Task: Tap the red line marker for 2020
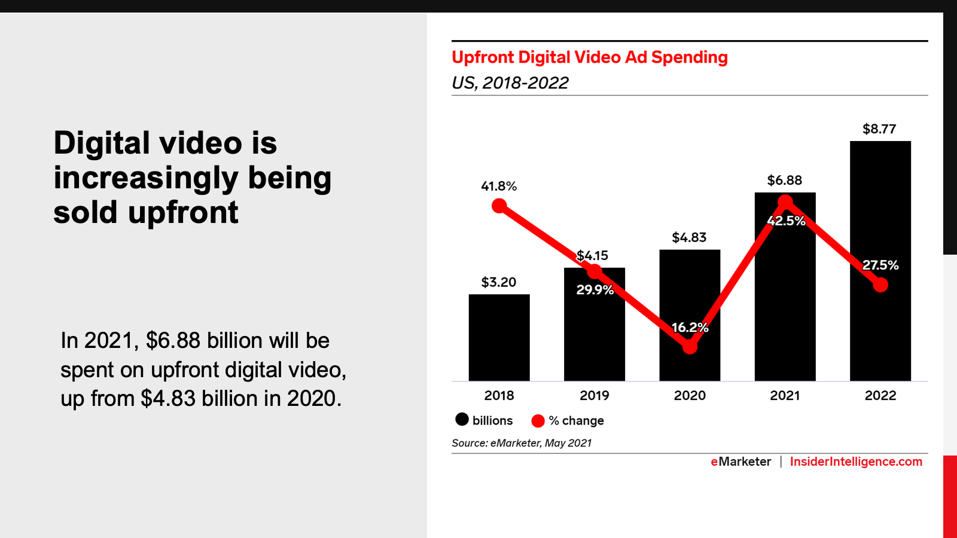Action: pos(690,347)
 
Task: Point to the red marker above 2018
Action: pos(499,206)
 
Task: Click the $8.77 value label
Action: pos(879,129)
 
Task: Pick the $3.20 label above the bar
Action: pos(499,282)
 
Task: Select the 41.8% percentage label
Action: pos(499,187)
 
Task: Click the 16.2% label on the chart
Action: pos(690,328)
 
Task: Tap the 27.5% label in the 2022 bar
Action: pos(880,265)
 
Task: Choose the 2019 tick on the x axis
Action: pos(594,396)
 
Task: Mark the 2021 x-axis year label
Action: pos(785,396)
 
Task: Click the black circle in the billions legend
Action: pos(462,420)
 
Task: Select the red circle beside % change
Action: pos(538,421)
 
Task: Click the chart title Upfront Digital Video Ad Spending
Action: pos(589,57)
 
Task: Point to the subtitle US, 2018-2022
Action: pos(510,83)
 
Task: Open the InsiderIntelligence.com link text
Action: pos(856,462)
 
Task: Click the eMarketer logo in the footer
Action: pos(740,462)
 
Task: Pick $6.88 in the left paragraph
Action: pos(173,341)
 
